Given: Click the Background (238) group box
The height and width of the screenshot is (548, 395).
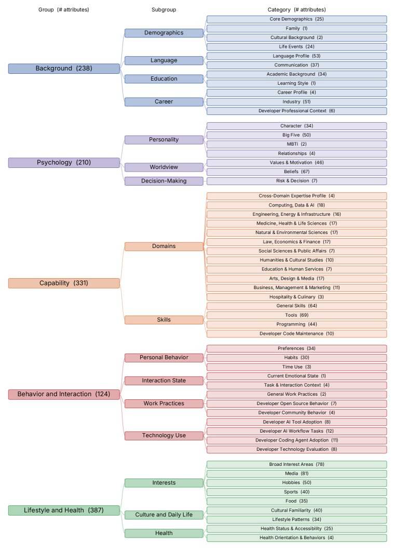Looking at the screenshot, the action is tap(64, 69).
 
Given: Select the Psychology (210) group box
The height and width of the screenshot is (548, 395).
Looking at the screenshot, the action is tap(64, 163).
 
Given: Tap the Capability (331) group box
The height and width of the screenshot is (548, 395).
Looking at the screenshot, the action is tap(64, 283).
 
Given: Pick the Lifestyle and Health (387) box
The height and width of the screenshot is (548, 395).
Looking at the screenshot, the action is tap(64, 510).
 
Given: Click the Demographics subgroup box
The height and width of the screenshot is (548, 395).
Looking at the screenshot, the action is tap(164, 33).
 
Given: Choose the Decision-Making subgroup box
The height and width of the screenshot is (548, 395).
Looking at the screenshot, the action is tap(164, 181).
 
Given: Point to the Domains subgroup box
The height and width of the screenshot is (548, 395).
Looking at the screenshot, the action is tap(164, 246).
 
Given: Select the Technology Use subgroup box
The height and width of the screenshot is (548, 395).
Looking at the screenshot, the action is tap(164, 436).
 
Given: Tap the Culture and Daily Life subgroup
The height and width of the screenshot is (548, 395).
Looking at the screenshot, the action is tap(164, 515).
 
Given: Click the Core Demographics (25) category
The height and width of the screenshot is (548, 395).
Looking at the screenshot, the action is tap(296, 19).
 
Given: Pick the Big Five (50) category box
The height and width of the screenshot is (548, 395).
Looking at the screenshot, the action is tap(296, 135).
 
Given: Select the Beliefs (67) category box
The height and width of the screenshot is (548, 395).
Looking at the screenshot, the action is tap(296, 172).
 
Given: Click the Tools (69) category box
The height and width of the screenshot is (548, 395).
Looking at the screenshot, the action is tap(296, 315).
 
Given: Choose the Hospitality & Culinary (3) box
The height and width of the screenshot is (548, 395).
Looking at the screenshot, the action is tap(296, 297).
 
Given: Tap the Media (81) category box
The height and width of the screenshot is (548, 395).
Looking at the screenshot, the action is tap(296, 474).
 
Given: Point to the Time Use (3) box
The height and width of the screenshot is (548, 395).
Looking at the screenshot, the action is tap(296, 367).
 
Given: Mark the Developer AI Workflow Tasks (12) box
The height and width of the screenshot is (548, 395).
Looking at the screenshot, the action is tap(296, 431).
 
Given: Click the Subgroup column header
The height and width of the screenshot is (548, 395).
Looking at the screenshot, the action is tap(164, 10).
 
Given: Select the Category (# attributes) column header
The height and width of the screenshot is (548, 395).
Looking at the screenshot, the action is tap(296, 10).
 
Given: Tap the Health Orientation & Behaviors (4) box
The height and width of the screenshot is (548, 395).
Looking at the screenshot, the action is tap(296, 538).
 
